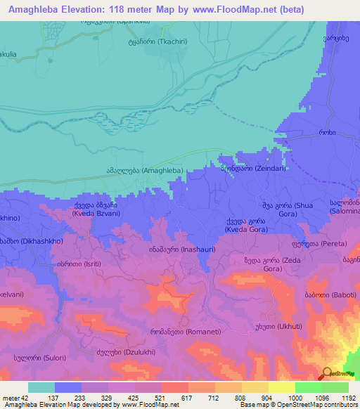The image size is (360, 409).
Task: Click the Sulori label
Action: pyautogui.click(x=34, y=357)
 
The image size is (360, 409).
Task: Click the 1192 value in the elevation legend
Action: pyautogui.click(x=349, y=397)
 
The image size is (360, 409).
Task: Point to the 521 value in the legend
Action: pyautogui.click(x=149, y=397)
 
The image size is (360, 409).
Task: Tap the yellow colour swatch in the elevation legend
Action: pyautogui.click(x=281, y=387)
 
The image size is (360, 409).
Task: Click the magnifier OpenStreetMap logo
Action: pyautogui.click(x=327, y=374)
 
